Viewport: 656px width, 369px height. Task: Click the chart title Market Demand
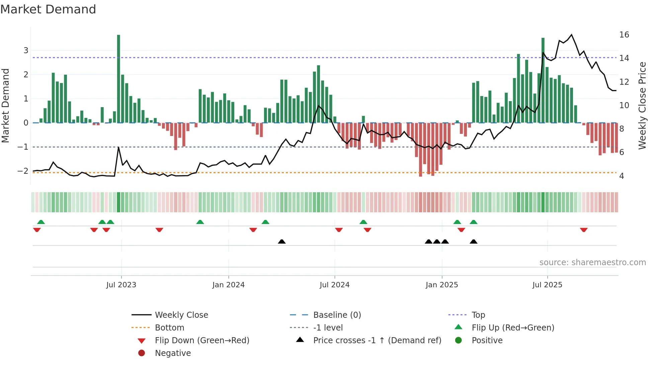(x=48, y=9)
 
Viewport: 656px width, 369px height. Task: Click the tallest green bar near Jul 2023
(x=118, y=79)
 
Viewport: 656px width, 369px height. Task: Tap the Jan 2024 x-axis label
(x=228, y=285)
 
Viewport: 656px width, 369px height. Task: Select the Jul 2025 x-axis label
(x=547, y=285)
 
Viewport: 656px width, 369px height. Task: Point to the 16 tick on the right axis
(x=624, y=35)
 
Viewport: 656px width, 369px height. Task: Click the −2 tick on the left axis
(x=23, y=171)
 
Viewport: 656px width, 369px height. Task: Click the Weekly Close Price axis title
(x=642, y=105)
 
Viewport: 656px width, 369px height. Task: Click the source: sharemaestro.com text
(x=592, y=263)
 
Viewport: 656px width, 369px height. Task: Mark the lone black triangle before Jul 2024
(x=282, y=241)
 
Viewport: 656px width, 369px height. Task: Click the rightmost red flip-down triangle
(x=584, y=230)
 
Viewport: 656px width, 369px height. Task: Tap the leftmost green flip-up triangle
(x=41, y=222)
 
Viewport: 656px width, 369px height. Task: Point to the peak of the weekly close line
(x=571, y=35)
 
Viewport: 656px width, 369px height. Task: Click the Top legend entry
(x=478, y=315)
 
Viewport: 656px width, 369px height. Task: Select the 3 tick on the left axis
(x=26, y=51)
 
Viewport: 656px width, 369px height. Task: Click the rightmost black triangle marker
(x=473, y=241)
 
